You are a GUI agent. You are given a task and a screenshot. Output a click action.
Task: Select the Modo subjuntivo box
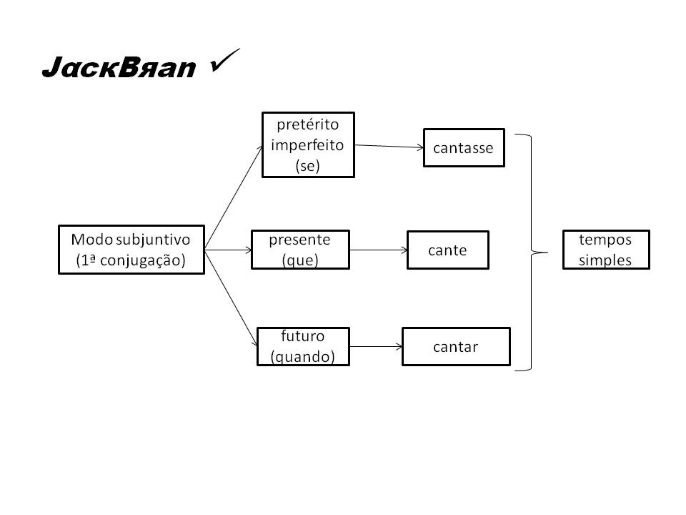[x=131, y=250]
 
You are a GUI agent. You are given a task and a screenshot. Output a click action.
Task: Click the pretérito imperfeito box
[x=308, y=145]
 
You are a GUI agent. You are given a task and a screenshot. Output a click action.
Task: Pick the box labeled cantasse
[x=464, y=148]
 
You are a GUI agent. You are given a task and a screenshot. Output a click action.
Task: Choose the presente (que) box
[x=300, y=250]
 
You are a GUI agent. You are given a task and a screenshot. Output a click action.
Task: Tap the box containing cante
[x=447, y=250]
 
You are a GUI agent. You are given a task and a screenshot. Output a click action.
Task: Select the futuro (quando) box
[x=303, y=347]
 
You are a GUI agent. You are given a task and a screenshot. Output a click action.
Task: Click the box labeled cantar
[x=456, y=347]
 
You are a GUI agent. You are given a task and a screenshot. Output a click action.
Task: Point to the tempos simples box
[x=605, y=250]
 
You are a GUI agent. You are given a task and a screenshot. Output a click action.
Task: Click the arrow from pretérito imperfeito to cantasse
[x=389, y=147]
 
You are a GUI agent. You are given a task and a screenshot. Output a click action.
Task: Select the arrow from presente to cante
[x=378, y=250]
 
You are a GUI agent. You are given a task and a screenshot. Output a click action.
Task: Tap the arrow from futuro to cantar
[x=376, y=347]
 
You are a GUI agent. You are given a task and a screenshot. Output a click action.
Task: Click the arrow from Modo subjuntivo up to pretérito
[x=233, y=196]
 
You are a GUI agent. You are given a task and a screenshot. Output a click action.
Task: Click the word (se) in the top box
[x=307, y=166]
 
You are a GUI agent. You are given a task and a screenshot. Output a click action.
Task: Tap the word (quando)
[x=303, y=356]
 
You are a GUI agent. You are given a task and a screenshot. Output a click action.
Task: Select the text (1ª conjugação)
[x=131, y=260]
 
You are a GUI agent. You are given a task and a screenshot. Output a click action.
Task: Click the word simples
[x=605, y=260]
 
